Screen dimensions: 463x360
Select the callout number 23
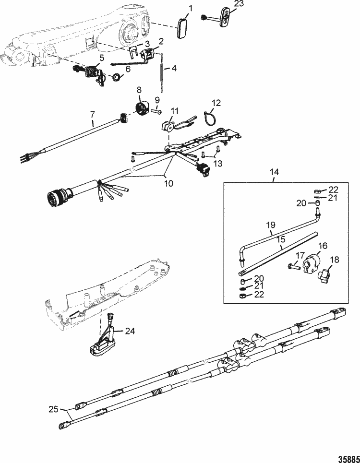(x=226, y=4)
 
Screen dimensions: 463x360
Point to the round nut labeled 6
(x=116, y=77)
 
